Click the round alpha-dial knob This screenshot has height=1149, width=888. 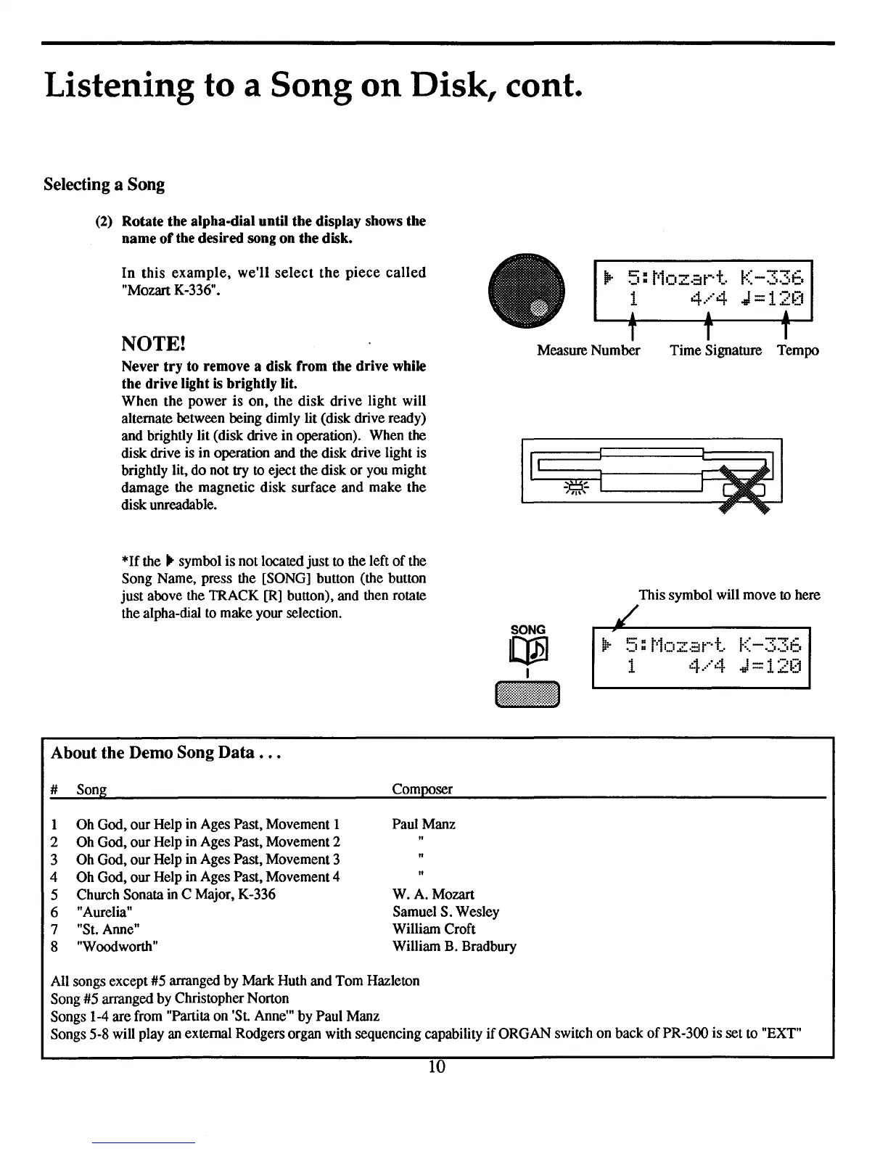(x=527, y=288)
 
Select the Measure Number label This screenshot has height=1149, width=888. (x=588, y=351)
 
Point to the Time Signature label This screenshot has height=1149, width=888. (x=715, y=351)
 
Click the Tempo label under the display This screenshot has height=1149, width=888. (x=798, y=351)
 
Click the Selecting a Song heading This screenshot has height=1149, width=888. (x=104, y=184)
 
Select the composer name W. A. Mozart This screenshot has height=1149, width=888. (x=433, y=894)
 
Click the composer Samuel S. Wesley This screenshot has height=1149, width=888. (x=445, y=912)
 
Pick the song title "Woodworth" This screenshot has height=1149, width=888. (x=118, y=947)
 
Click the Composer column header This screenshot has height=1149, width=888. (x=422, y=789)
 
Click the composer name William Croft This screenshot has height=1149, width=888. (x=434, y=929)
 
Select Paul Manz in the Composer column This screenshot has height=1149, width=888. (x=424, y=824)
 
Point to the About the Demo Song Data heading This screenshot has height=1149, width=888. (x=166, y=753)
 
